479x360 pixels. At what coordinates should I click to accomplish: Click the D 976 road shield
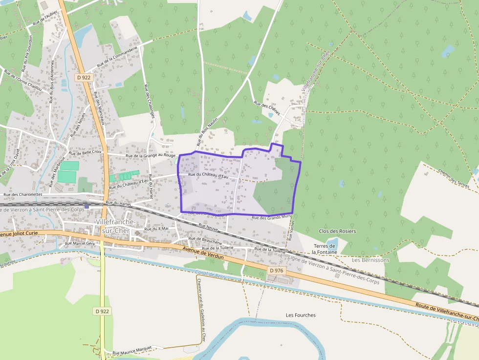[277, 270]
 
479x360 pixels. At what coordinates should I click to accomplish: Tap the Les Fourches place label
[301, 315]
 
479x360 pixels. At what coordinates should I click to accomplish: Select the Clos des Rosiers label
[337, 231]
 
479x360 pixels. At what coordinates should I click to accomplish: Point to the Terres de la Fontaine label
[325, 249]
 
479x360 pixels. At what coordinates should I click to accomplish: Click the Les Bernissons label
[371, 260]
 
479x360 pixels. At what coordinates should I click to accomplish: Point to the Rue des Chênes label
[266, 108]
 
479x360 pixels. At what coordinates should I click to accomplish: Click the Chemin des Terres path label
[454, 178]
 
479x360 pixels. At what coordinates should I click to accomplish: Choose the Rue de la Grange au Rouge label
[150, 155]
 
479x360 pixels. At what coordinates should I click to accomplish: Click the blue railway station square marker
[87, 206]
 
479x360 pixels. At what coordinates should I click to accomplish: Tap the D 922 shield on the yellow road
[102, 311]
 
